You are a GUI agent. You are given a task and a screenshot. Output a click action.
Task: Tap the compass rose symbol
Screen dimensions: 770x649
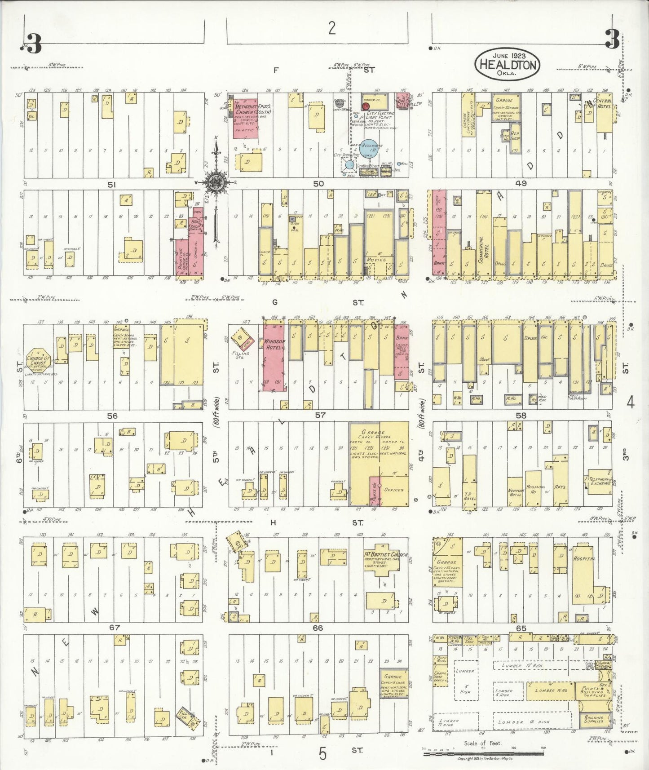[216, 182]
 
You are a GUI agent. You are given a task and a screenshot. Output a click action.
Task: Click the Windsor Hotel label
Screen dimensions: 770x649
[274, 344]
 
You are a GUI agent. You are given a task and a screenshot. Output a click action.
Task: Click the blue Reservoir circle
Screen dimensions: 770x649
[371, 148]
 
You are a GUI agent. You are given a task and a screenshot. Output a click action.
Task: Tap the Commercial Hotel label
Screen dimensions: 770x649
[484, 247]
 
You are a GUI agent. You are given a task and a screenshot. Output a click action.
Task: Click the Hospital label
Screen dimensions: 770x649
[584, 559]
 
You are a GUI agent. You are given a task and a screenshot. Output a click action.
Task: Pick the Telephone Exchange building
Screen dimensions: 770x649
[599, 483]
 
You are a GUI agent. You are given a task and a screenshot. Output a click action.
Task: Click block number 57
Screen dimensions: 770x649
[320, 415]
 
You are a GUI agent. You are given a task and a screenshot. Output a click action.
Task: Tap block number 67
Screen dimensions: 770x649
[114, 627]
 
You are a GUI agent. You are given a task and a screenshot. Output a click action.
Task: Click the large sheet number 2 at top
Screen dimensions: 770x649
[331, 28]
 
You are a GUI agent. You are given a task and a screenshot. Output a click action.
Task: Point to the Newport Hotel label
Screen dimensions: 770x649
[515, 492]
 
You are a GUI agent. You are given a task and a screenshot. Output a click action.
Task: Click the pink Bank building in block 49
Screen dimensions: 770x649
[439, 234]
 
